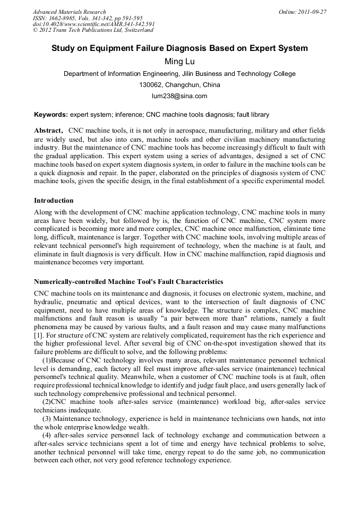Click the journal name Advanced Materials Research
[x=69, y=12]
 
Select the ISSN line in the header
[x=88, y=18]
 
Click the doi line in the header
[x=93, y=24]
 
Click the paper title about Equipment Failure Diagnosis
[x=179, y=48]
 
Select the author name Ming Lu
[x=179, y=62]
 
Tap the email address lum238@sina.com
[x=179, y=96]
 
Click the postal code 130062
[x=151, y=85]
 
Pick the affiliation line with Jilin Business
[x=179, y=74]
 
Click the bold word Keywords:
[x=51, y=114]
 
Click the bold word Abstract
[x=48, y=130]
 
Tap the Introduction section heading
[x=54, y=201]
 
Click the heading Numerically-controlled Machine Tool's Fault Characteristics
[x=128, y=281]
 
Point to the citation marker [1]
[x=38, y=335]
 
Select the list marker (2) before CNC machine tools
[x=47, y=402]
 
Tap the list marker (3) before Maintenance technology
[x=47, y=419]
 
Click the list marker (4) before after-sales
[x=47, y=435]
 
